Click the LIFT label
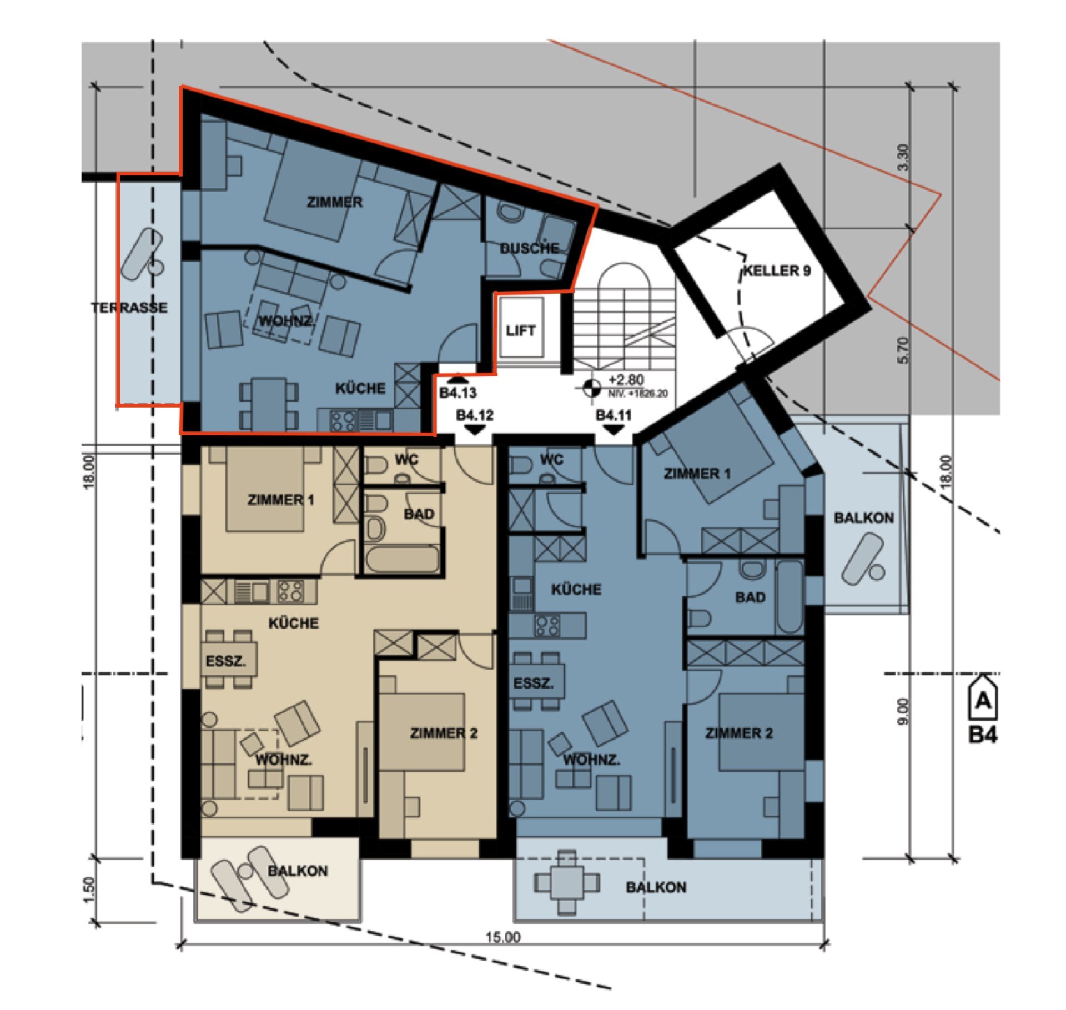pyautogui.click(x=520, y=330)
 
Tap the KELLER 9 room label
pyautogui.click(x=777, y=271)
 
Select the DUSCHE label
pyautogui.click(x=529, y=248)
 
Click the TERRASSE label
pyautogui.click(x=129, y=307)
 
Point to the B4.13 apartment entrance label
pyautogui.click(x=458, y=393)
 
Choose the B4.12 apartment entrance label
pyautogui.click(x=475, y=415)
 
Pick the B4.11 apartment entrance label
pyautogui.click(x=614, y=415)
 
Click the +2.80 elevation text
pyautogui.click(x=626, y=380)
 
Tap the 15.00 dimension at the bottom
pyautogui.click(x=503, y=937)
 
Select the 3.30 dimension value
pyautogui.click(x=903, y=157)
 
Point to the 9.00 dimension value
pyautogui.click(x=903, y=711)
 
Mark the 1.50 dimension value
pyautogui.click(x=90, y=890)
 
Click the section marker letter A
pyautogui.click(x=983, y=702)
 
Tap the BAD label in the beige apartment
pyautogui.click(x=419, y=514)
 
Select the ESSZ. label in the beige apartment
pyautogui.click(x=225, y=662)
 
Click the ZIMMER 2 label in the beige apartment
pyautogui.click(x=444, y=733)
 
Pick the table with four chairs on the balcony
pyautogui.click(x=567, y=882)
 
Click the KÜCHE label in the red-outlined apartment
pyautogui.click(x=360, y=388)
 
